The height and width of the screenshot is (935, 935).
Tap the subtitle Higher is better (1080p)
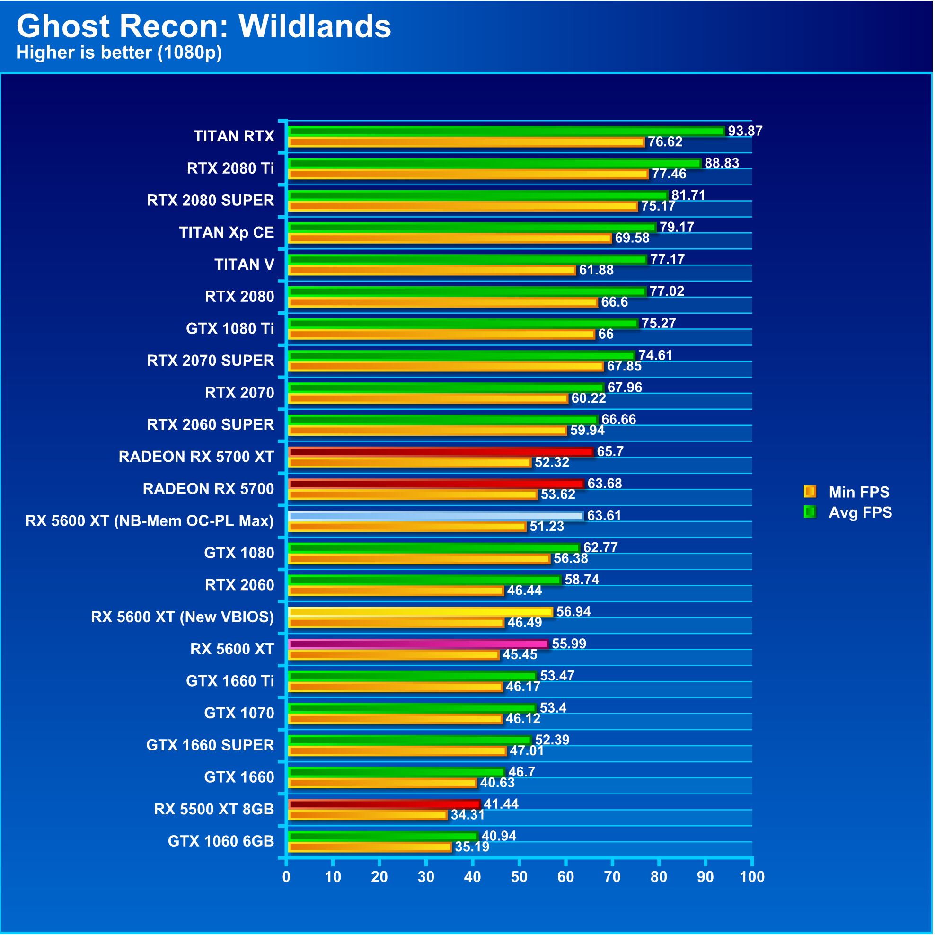click(119, 52)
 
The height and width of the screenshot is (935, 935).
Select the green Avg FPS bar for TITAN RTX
click(506, 131)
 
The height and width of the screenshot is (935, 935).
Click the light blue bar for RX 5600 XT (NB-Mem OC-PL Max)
click(435, 516)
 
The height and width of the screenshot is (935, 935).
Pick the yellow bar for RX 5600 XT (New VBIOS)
click(420, 612)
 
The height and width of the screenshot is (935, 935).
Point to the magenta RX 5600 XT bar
click(418, 644)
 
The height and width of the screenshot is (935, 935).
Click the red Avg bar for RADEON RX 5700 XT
click(441, 451)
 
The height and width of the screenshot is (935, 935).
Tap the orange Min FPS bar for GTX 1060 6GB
click(370, 847)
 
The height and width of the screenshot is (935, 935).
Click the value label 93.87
click(745, 131)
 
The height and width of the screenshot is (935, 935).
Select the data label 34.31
click(467, 815)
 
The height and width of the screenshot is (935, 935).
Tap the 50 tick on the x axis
click(519, 876)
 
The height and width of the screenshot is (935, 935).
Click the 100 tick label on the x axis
click(751, 876)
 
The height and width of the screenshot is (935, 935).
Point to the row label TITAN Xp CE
click(227, 233)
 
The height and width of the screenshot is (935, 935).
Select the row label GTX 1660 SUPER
click(210, 745)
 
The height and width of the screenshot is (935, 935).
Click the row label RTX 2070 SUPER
click(211, 361)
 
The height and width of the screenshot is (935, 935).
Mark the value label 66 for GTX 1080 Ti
click(605, 334)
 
